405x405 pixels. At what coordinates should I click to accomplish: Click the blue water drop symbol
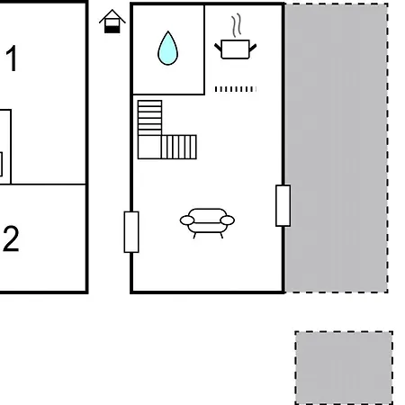[x=167, y=49]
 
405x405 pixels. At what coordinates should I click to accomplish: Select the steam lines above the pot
[x=237, y=25]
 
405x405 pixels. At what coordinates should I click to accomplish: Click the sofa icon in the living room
[x=207, y=222]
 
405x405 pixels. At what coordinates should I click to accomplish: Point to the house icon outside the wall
[x=112, y=21]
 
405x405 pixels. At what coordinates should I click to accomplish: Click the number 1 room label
[x=12, y=58]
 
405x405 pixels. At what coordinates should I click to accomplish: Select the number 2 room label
[x=11, y=238]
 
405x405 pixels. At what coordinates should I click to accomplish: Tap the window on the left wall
[x=131, y=232]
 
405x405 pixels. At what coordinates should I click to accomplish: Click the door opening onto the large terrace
[x=283, y=205]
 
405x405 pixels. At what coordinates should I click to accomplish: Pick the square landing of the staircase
[x=149, y=147]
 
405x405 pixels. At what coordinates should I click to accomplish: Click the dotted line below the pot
[x=236, y=89]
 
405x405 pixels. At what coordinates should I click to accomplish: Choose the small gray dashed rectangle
[x=344, y=368]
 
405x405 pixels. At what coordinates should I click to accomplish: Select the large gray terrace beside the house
[x=337, y=148]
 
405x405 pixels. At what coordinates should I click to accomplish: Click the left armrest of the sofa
[x=187, y=220]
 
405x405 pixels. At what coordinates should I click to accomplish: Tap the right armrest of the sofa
[x=227, y=220]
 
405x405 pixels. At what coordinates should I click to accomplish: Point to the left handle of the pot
[x=218, y=47]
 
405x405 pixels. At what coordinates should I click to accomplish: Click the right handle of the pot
[x=253, y=47]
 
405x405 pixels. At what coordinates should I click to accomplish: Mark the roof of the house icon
[x=112, y=16]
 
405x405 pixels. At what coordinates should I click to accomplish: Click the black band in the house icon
[x=112, y=30]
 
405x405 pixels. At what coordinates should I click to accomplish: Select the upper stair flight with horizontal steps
[x=149, y=118]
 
